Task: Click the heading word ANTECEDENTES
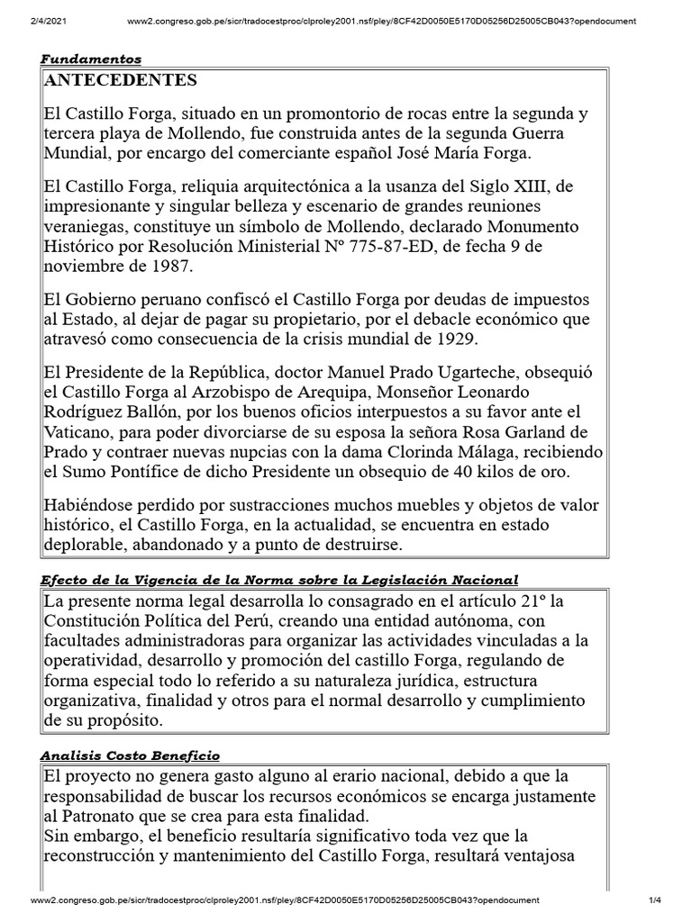click(x=120, y=81)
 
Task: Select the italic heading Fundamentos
click(x=91, y=59)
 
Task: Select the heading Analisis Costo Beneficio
click(x=130, y=755)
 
